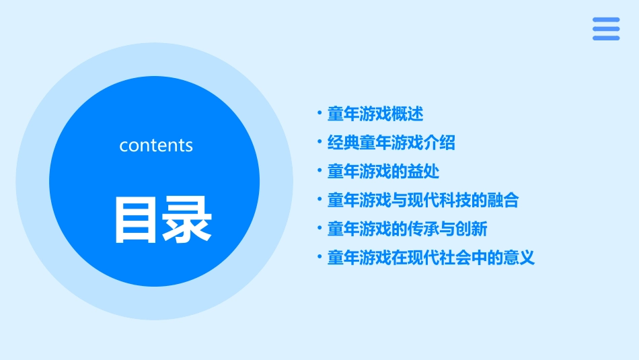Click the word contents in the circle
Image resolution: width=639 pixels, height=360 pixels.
(x=156, y=145)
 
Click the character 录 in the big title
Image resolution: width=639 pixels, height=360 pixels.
(x=187, y=220)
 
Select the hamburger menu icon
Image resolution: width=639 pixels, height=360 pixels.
(x=605, y=29)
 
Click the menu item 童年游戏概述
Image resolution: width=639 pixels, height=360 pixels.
(x=375, y=114)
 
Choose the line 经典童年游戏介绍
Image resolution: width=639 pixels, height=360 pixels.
(x=391, y=143)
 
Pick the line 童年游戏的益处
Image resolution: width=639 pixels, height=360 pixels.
(x=383, y=172)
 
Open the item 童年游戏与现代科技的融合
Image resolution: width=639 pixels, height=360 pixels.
(x=423, y=201)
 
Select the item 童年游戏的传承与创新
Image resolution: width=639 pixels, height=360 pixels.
(x=407, y=229)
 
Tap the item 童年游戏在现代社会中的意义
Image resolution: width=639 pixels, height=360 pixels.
(x=431, y=258)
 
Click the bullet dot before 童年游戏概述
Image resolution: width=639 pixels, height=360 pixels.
(x=319, y=114)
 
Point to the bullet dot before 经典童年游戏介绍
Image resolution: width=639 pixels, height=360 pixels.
(x=319, y=143)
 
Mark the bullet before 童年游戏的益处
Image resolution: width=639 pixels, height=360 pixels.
(x=319, y=172)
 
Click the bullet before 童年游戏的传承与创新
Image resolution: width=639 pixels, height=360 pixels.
(x=319, y=229)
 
